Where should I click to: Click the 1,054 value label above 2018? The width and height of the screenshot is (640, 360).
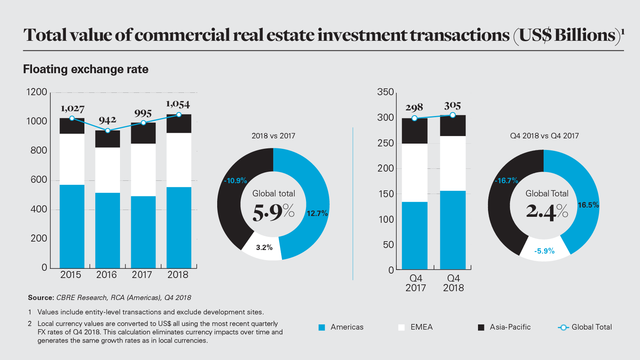coord(178,104)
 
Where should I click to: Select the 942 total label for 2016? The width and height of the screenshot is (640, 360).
coord(107,120)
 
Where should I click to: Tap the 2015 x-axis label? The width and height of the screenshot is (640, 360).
coord(71,275)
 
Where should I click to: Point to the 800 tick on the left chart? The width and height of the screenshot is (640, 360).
coord(39,150)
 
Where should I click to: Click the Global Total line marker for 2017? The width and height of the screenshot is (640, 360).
coord(143,123)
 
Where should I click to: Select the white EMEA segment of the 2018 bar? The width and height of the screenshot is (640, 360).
coord(179,160)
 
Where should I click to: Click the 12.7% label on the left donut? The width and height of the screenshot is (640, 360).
coord(317,214)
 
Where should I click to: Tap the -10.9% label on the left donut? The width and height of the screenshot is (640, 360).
coord(236,181)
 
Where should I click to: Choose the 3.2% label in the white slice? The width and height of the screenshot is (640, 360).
coord(264,248)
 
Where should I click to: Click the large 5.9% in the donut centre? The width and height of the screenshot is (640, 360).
coord(274,212)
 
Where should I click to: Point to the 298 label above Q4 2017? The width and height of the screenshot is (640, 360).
coord(414,108)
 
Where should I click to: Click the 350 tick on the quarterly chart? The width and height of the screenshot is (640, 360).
coord(386,92)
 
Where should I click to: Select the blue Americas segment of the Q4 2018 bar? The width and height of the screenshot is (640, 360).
coord(453,230)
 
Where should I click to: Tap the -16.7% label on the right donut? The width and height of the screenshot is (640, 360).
coord(506,181)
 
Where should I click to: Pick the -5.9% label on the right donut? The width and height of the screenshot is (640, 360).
coord(544,251)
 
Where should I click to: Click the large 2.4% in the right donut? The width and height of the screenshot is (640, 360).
coord(547,211)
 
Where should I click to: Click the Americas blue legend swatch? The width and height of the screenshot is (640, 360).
coord(322,328)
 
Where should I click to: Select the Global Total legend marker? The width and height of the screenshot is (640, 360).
coord(563,328)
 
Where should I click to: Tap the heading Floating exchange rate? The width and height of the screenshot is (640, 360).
coord(86,69)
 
